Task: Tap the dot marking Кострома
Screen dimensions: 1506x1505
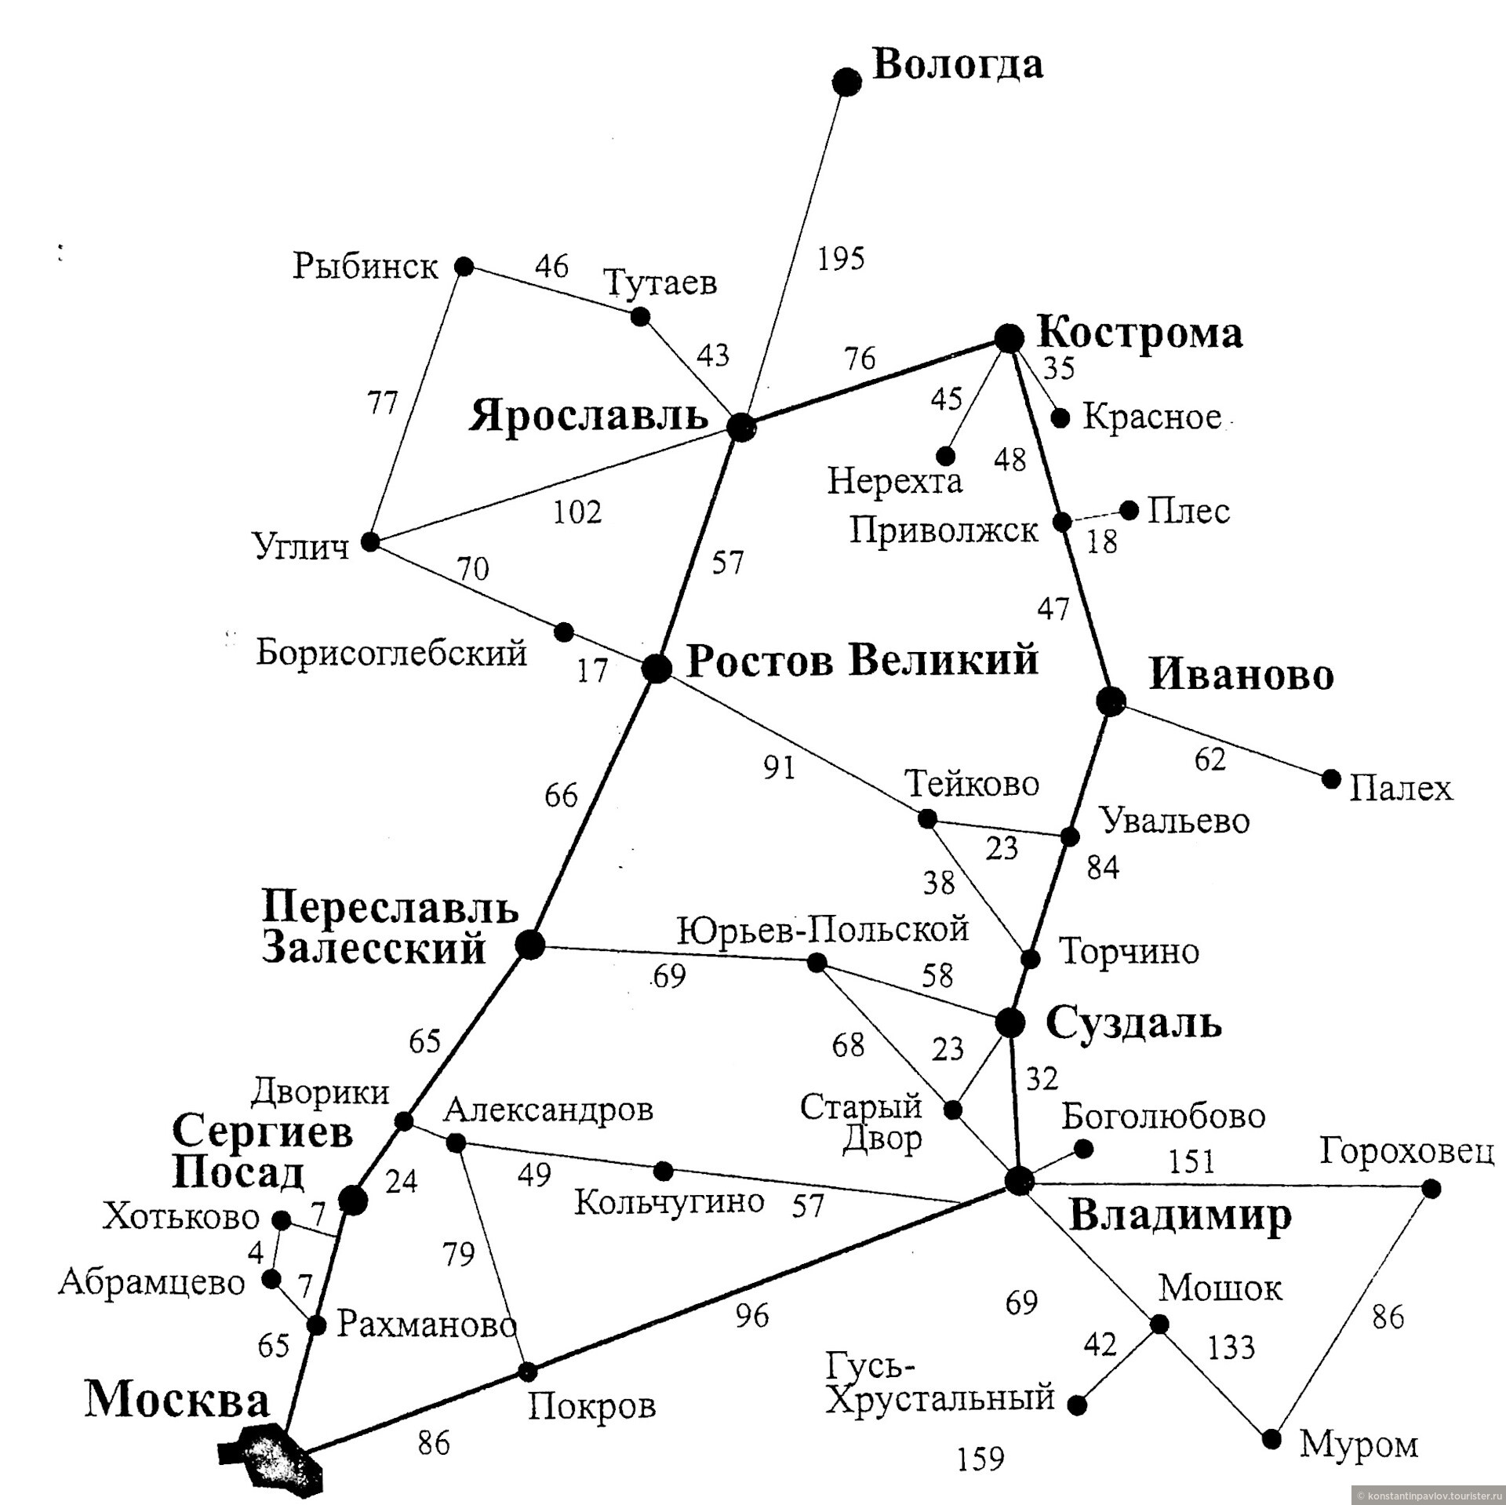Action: [x=1009, y=337]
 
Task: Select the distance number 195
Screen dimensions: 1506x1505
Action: [x=841, y=258]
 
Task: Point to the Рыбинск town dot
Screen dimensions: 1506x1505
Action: [x=464, y=267]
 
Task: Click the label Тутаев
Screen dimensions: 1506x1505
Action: [x=660, y=282]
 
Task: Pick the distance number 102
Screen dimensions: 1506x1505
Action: [x=577, y=512]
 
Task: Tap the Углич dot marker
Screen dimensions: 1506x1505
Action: [x=369, y=542]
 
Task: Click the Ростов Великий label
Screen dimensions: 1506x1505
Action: [x=863, y=660]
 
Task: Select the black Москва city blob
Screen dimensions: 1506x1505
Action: [x=271, y=1454]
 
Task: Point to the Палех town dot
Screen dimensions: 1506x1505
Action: [x=1331, y=779]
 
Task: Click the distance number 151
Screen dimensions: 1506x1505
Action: [x=1191, y=1161]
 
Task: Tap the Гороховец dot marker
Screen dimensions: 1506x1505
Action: [x=1431, y=1189]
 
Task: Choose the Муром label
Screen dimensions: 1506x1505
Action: [x=1359, y=1445]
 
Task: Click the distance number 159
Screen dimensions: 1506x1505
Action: [x=980, y=1459]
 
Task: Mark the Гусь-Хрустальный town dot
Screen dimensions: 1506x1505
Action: [x=1078, y=1405]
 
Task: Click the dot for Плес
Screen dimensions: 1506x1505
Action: [x=1129, y=511]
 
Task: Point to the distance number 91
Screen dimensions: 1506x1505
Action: [x=780, y=767]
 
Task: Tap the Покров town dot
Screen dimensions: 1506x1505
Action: [x=528, y=1372]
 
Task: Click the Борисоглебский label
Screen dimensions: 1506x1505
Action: [x=391, y=652]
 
